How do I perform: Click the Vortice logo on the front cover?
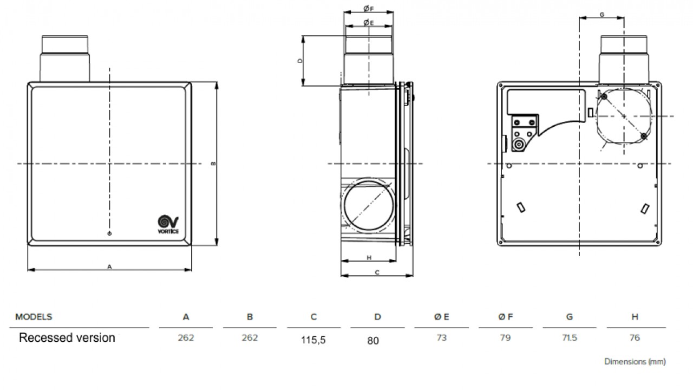click(x=168, y=224)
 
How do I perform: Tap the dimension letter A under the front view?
click(x=109, y=266)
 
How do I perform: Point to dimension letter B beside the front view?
click(x=213, y=164)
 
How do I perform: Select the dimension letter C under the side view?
click(x=377, y=272)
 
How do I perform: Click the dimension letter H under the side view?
click(x=369, y=257)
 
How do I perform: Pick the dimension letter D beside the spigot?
click(x=299, y=61)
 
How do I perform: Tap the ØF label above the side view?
click(x=369, y=9)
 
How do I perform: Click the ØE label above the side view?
click(x=369, y=22)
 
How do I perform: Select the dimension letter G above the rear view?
click(x=602, y=15)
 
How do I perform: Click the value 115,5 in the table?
click(x=313, y=340)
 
